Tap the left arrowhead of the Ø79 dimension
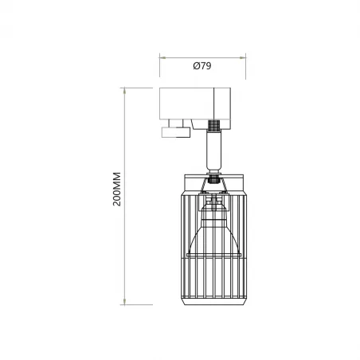click(162, 57)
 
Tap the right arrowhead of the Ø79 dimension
click(241, 57)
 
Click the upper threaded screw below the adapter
click(213, 126)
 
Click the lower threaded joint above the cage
click(213, 178)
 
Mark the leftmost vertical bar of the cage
click(186, 247)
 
